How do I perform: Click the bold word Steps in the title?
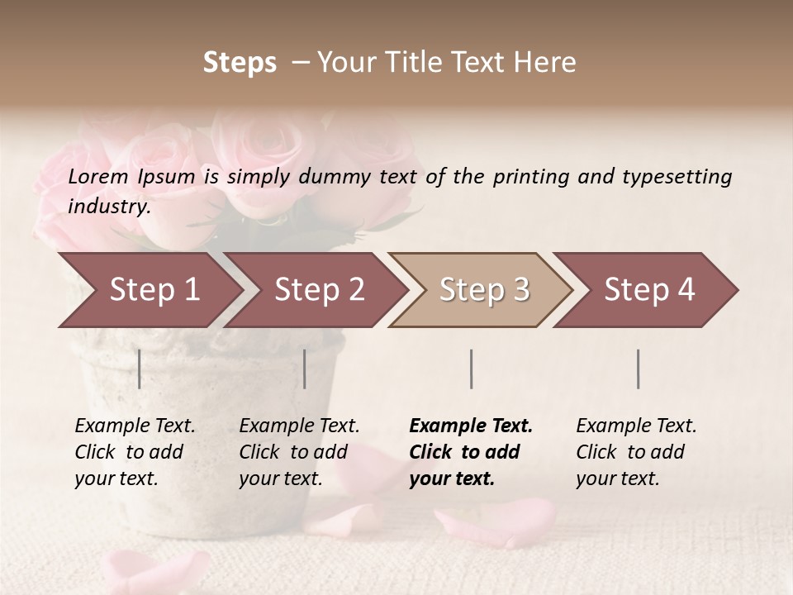[240, 62]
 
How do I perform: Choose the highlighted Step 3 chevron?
[484, 290]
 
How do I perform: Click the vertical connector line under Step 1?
[140, 369]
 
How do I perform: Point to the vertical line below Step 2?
[305, 369]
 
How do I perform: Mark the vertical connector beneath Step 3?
[471, 369]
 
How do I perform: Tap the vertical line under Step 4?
[638, 369]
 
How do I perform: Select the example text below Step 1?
[134, 452]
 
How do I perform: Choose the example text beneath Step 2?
[298, 452]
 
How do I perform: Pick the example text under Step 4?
[635, 452]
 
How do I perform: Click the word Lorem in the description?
[98, 177]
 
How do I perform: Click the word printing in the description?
[539, 177]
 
